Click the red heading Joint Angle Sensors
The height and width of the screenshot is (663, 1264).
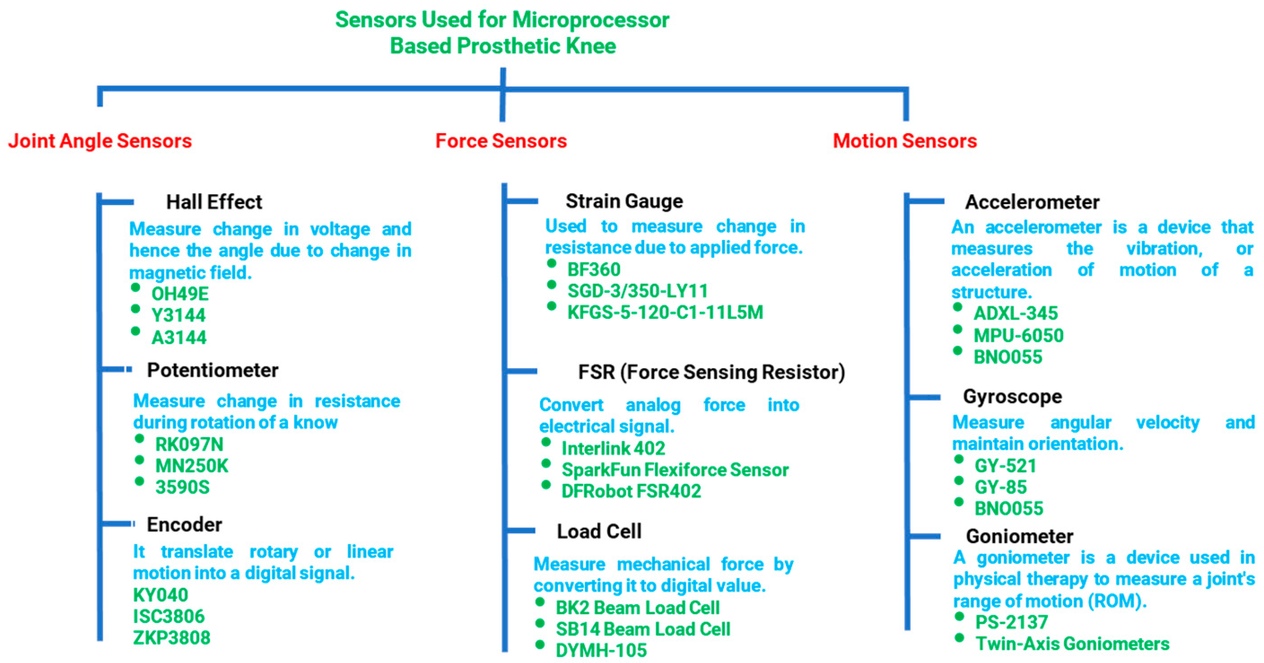coord(100,141)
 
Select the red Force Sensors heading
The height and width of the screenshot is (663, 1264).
coord(501,141)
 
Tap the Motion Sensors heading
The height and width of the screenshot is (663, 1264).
coord(904,141)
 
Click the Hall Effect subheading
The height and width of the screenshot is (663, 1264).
coord(214,202)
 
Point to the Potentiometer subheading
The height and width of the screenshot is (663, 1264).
coord(213,370)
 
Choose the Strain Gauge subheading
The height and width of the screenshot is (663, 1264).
coord(623,201)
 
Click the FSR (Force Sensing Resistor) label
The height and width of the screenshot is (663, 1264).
coord(711,372)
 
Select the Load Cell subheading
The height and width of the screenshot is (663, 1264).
coord(599,531)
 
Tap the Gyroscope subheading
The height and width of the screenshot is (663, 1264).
coord(1012,396)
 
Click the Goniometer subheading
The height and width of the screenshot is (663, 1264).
coord(1019,536)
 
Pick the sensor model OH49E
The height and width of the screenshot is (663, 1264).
coord(179,294)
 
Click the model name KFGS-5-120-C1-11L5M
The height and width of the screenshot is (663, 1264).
coord(665,312)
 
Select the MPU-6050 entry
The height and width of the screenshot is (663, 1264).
coord(1018,335)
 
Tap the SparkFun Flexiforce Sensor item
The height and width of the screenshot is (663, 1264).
coord(675,470)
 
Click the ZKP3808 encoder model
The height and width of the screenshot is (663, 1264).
coord(171,637)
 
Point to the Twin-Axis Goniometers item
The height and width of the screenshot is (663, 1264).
coord(1072,643)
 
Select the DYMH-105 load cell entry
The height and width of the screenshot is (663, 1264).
coord(601,650)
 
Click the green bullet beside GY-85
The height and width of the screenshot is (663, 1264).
coord(959,481)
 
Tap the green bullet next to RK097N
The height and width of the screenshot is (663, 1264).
coord(139,438)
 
